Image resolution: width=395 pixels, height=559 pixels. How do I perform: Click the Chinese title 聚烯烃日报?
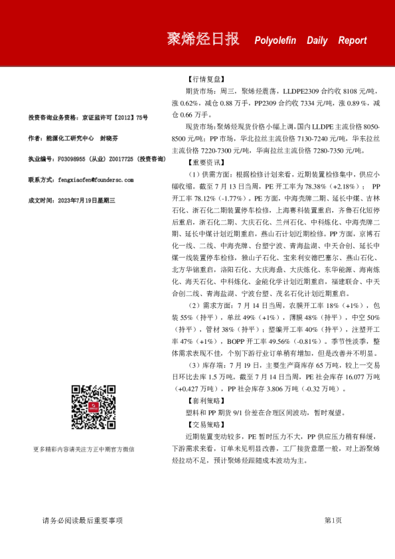click(x=202, y=39)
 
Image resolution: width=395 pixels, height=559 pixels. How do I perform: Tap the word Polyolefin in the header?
click(x=276, y=40)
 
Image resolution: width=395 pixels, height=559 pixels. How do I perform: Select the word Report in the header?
click(x=352, y=40)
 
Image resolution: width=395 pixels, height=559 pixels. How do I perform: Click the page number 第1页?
click(x=333, y=520)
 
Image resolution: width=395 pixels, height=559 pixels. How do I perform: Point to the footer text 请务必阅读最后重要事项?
click(x=82, y=520)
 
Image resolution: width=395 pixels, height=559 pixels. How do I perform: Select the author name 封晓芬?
click(x=108, y=139)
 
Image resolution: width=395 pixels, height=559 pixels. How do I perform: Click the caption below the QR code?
click(x=93, y=449)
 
